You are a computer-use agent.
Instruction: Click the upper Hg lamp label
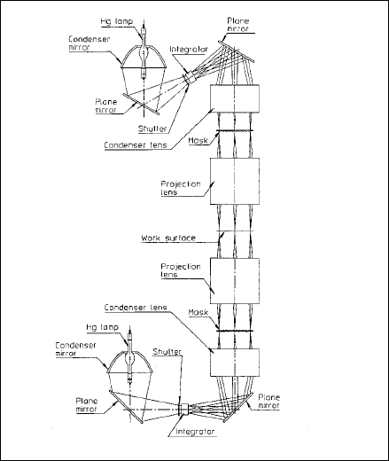pyautogui.click(x=117, y=21)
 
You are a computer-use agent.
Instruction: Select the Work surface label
pyautogui.click(x=168, y=238)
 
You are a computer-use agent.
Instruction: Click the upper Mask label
pyautogui.click(x=198, y=141)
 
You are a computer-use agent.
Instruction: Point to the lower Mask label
pyautogui.click(x=198, y=312)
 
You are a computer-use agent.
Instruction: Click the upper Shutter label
pyautogui.click(x=152, y=129)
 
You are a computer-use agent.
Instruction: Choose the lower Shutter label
pyautogui.click(x=167, y=352)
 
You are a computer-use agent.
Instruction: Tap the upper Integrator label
pyautogui.click(x=189, y=50)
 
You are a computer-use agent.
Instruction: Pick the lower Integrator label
pyautogui.click(x=195, y=431)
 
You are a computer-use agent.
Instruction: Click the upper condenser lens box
pyautogui.click(x=235, y=98)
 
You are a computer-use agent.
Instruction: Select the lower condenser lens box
pyautogui.click(x=235, y=363)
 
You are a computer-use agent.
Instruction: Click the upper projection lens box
pyautogui.click(x=235, y=181)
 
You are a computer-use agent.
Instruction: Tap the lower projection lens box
pyautogui.click(x=235, y=281)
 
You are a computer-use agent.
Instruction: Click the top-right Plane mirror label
pyautogui.click(x=238, y=25)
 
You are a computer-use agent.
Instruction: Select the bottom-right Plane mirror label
pyautogui.click(x=268, y=401)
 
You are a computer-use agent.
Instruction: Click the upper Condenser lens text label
pyautogui.click(x=136, y=145)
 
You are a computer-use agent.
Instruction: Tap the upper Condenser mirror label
pyautogui.click(x=89, y=43)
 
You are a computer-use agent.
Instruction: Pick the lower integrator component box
pyautogui.click(x=184, y=409)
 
